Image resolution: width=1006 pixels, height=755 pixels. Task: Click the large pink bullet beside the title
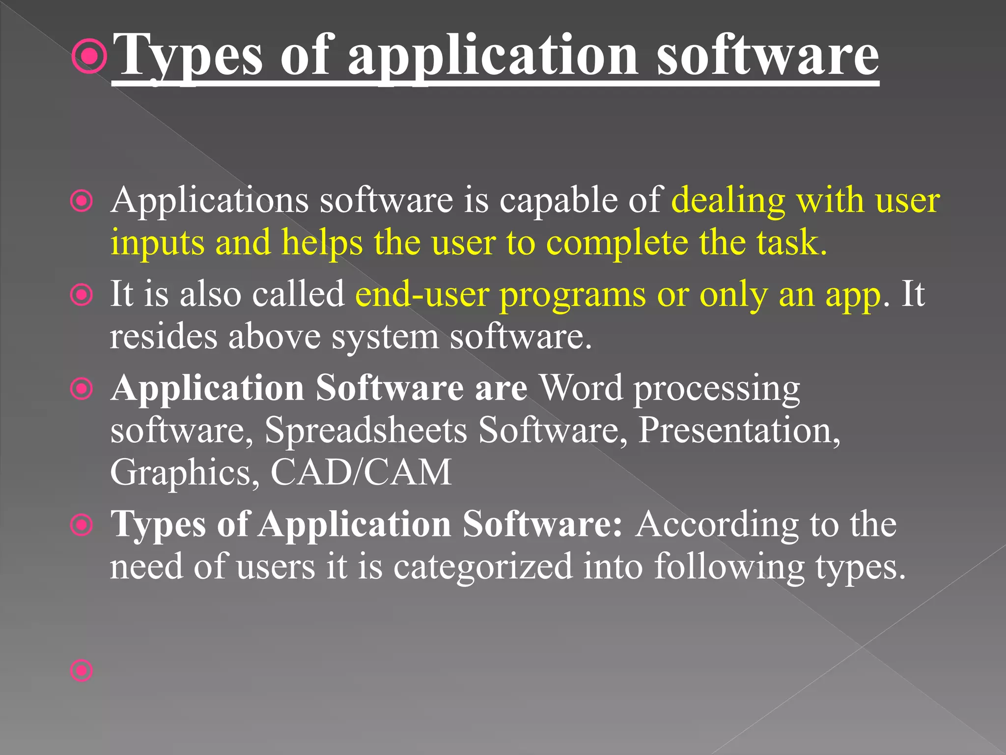pyautogui.click(x=89, y=57)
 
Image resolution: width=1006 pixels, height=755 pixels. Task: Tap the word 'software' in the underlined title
pyautogui.click(x=767, y=55)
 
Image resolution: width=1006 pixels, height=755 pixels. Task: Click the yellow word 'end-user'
pyautogui.click(x=422, y=294)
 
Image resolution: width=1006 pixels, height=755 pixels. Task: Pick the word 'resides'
pyautogui.click(x=164, y=337)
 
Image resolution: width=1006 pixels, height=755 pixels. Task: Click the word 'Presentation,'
pyautogui.click(x=739, y=430)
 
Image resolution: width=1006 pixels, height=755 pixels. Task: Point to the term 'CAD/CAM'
pyautogui.click(x=361, y=472)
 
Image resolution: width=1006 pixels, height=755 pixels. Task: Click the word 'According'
pyautogui.click(x=717, y=524)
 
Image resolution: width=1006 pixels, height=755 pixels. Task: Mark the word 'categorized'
pyautogui.click(x=483, y=567)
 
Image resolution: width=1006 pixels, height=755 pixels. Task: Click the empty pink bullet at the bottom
pyautogui.click(x=82, y=670)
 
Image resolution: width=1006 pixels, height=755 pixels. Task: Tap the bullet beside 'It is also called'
pyautogui.click(x=82, y=295)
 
